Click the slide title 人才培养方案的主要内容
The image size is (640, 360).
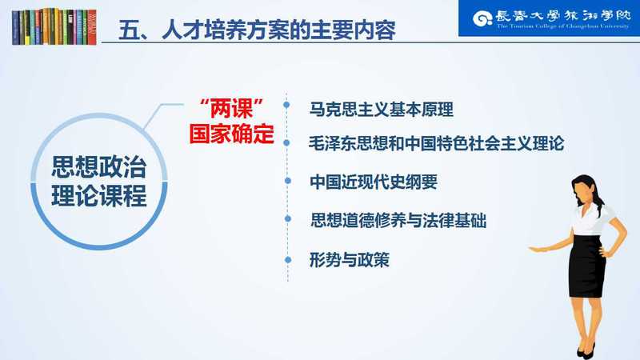pos(278,30)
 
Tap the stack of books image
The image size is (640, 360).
pos(54,26)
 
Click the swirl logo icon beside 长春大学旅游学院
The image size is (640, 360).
pos(482,18)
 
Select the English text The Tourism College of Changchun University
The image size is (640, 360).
pos(563,26)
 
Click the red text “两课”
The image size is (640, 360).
pos(231,109)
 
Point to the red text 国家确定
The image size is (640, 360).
pos(231,134)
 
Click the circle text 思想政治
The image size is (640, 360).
pos(98,167)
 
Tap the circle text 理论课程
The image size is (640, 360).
pos(98,196)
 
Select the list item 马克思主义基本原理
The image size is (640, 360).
pos(382,110)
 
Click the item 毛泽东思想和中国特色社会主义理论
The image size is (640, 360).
pos(436,143)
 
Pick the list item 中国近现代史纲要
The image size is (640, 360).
pos(374,182)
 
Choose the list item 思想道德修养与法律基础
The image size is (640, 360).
pos(398,221)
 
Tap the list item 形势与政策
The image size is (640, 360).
pos(350,259)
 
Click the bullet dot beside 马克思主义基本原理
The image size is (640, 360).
pos(286,105)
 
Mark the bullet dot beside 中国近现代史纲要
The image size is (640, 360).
pos(288,181)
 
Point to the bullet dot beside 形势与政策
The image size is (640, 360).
pos(288,259)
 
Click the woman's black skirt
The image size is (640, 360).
pos(587,266)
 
